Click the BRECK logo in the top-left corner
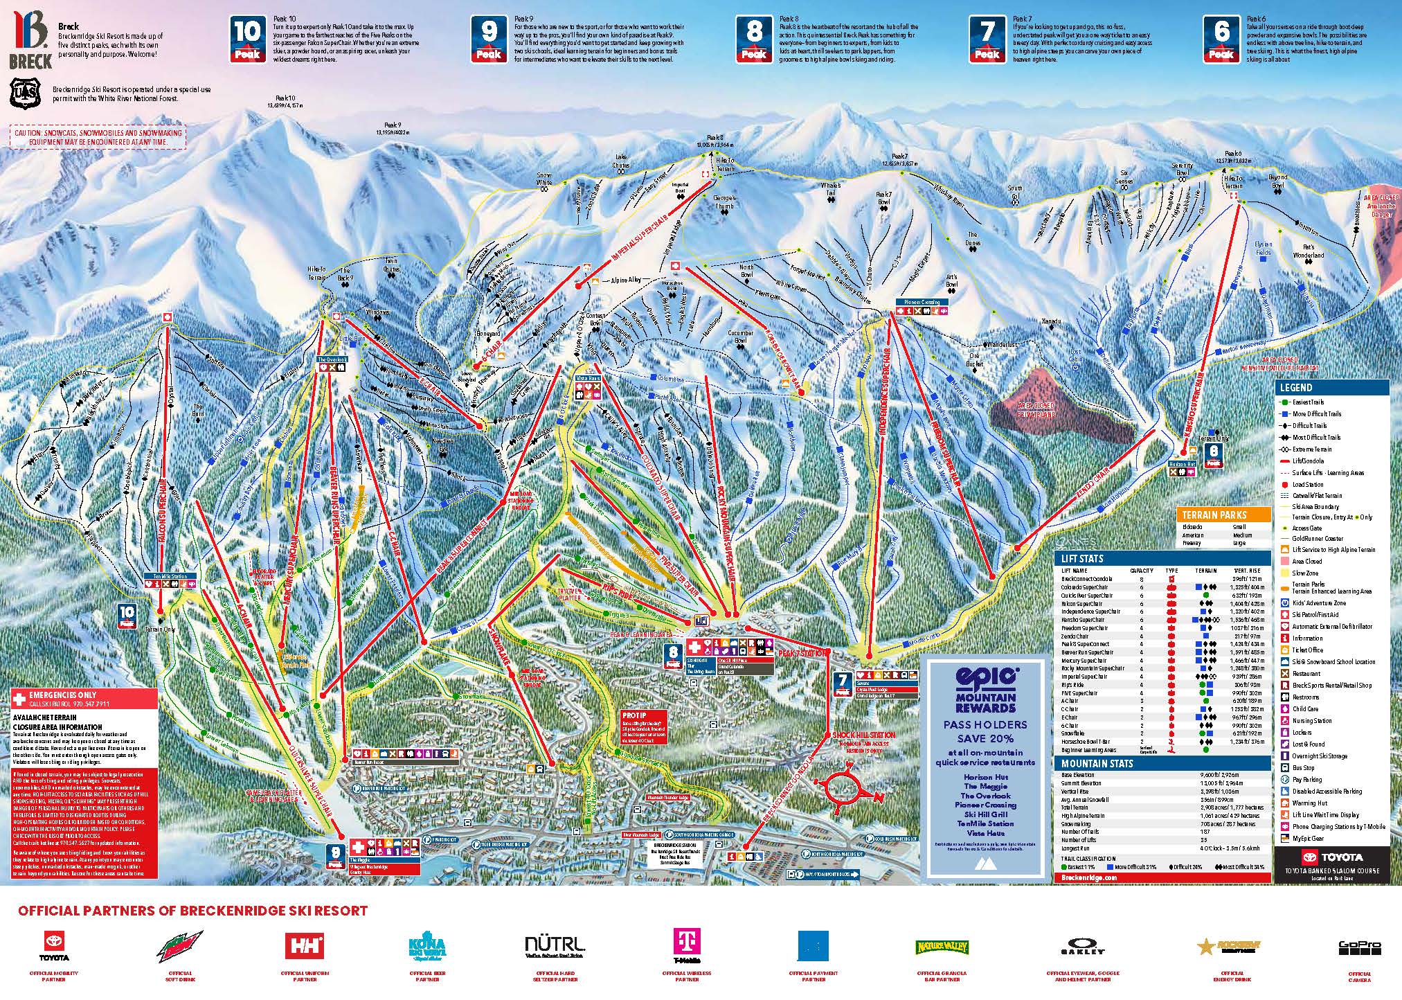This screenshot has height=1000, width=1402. pos(30,40)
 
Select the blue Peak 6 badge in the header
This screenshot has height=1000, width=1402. pos(1222,39)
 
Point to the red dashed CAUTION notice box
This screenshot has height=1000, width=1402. pos(98,136)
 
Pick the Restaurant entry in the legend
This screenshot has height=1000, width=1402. pos(1305,673)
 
